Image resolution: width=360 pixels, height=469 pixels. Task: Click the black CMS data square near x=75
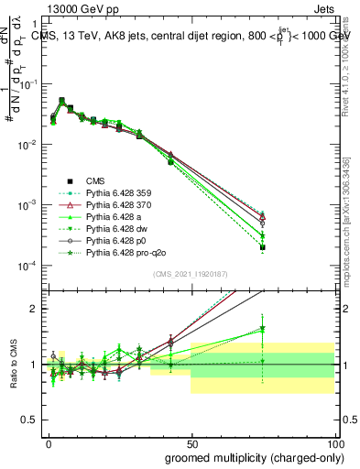(x=262, y=247)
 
